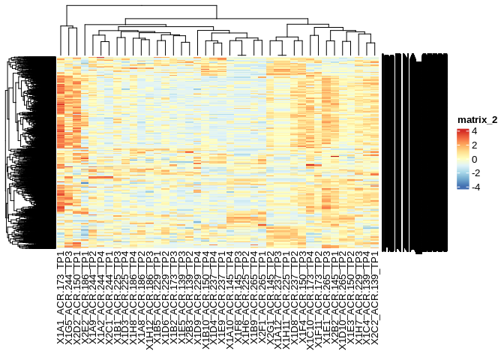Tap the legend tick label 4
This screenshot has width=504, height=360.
[x=473, y=131]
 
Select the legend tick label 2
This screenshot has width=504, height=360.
[x=473, y=145]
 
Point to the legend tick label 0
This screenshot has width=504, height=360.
[x=473, y=159]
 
